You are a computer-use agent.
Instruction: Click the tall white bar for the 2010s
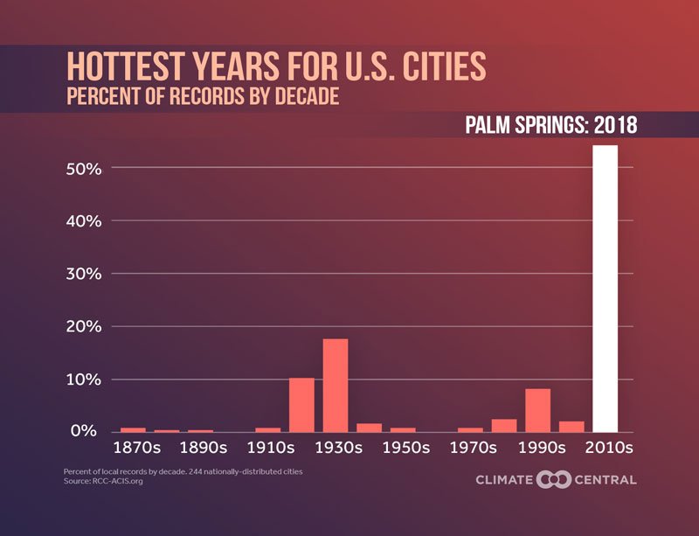tap(605, 289)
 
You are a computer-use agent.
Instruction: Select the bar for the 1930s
tap(336, 386)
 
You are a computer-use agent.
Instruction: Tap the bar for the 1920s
tap(301, 405)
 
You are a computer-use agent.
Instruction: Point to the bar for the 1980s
tap(504, 426)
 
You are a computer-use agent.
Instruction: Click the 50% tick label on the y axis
tap(85, 168)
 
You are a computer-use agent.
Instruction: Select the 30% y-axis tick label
tap(85, 274)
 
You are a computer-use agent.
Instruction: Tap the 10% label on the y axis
tap(85, 379)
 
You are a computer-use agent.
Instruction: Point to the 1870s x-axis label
tap(133, 448)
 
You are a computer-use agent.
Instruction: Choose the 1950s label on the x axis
tap(403, 448)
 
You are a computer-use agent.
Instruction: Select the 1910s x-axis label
tap(268, 448)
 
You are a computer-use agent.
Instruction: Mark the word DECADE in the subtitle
tap(301, 96)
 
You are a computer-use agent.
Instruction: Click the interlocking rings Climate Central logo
tap(553, 479)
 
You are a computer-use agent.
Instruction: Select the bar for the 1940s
tap(369, 428)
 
